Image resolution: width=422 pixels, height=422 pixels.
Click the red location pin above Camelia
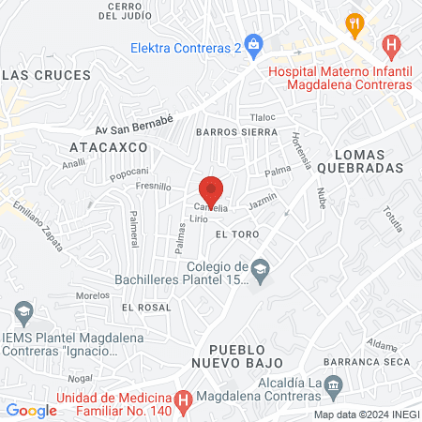211,190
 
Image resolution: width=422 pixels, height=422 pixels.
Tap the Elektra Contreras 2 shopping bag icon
256,44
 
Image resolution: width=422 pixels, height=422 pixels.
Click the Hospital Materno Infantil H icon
392,44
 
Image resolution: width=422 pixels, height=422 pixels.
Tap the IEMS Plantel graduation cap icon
22,310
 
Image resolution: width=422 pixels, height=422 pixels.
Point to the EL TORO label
235,233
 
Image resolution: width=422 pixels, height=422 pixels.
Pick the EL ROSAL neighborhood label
145,307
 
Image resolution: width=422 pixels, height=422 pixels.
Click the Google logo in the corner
32,410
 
